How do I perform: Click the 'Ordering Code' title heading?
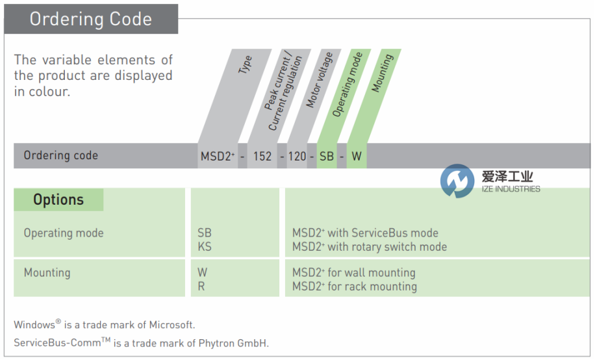coord(90,19)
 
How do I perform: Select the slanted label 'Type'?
coord(246,64)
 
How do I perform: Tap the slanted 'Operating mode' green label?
coord(348,84)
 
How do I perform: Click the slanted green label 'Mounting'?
coord(382,73)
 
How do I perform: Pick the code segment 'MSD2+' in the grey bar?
coord(218,157)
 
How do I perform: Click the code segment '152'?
coord(263,157)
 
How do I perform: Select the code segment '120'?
coord(297,157)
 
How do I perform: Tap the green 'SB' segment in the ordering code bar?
coord(326,157)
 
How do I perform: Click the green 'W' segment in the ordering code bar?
coord(357,157)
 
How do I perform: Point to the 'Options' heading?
coord(58,199)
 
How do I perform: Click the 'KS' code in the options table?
coord(204,247)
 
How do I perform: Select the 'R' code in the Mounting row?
coord(201,287)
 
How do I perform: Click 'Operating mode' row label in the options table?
coord(64,233)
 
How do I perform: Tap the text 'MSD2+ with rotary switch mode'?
coord(369,247)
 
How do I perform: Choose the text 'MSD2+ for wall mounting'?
coord(353,273)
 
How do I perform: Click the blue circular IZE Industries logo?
coord(457,181)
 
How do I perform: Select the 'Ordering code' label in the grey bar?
coord(61,155)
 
